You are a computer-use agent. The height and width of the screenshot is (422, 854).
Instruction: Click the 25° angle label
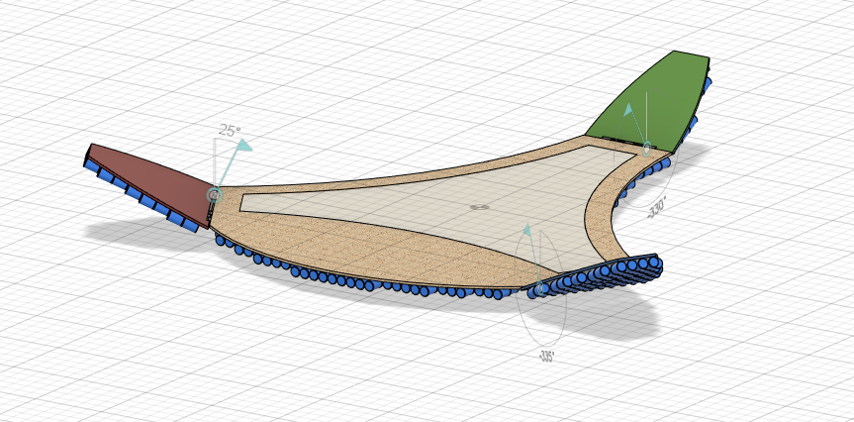(229, 131)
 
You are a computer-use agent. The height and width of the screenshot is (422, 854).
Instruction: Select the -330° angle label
(657, 207)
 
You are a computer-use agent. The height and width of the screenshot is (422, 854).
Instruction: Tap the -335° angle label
(545, 356)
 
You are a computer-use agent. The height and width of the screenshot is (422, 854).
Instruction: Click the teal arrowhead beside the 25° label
(242, 146)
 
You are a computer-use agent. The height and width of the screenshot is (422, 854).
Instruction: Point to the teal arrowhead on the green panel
(626, 109)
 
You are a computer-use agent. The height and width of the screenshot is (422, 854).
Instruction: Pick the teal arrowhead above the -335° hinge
(527, 230)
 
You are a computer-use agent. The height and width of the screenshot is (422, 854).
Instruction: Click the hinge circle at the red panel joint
(213, 195)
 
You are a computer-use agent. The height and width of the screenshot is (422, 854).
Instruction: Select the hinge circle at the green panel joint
(647, 150)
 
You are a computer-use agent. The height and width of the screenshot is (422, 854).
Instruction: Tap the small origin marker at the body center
(479, 207)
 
